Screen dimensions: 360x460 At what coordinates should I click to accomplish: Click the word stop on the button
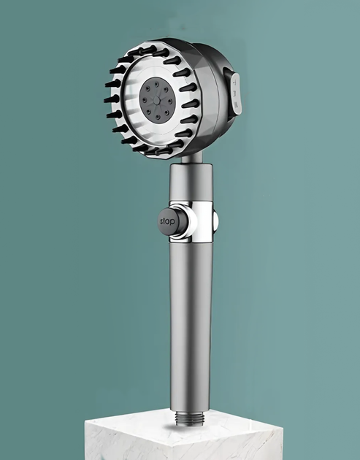(x=167, y=221)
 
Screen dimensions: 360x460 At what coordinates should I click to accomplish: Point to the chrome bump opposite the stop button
(x=215, y=221)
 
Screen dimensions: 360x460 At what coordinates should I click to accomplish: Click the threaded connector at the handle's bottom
(x=190, y=418)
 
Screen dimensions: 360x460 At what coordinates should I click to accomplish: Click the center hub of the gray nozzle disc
(x=157, y=101)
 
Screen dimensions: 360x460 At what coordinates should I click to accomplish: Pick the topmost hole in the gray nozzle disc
(x=156, y=85)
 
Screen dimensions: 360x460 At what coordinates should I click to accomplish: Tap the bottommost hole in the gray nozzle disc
(x=158, y=118)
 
